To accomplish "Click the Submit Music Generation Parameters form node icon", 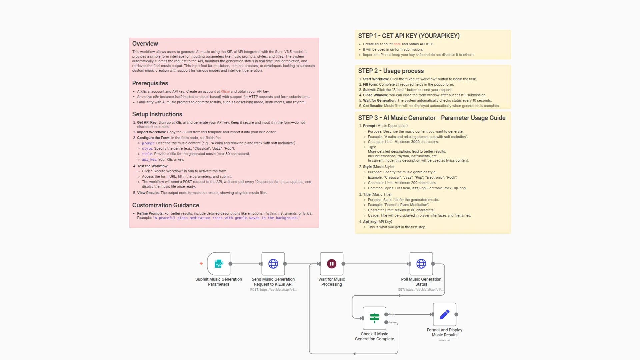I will (x=219, y=264).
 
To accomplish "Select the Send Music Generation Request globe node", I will (x=273, y=264).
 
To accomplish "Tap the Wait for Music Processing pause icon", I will (x=331, y=264).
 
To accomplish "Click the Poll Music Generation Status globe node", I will (x=421, y=264).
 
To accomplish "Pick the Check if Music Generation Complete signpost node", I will (x=374, y=318).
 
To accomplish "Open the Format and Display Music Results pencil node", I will (x=444, y=314).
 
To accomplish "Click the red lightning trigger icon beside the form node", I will (x=201, y=264).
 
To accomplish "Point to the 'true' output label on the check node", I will (x=392, y=314).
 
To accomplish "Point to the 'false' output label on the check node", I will (x=392, y=322).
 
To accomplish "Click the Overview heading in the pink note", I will (x=145, y=44).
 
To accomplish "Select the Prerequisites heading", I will (x=150, y=83).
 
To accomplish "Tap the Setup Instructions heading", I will (x=157, y=114).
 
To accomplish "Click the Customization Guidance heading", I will (x=166, y=205).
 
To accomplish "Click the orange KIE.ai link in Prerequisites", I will (x=225, y=91).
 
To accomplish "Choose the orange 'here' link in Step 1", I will (x=397, y=44).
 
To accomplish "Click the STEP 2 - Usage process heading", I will (x=391, y=71).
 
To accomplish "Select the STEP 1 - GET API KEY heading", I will (x=409, y=36).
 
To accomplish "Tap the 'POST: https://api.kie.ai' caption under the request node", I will (x=273, y=290).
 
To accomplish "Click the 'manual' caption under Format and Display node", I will (x=444, y=340).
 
